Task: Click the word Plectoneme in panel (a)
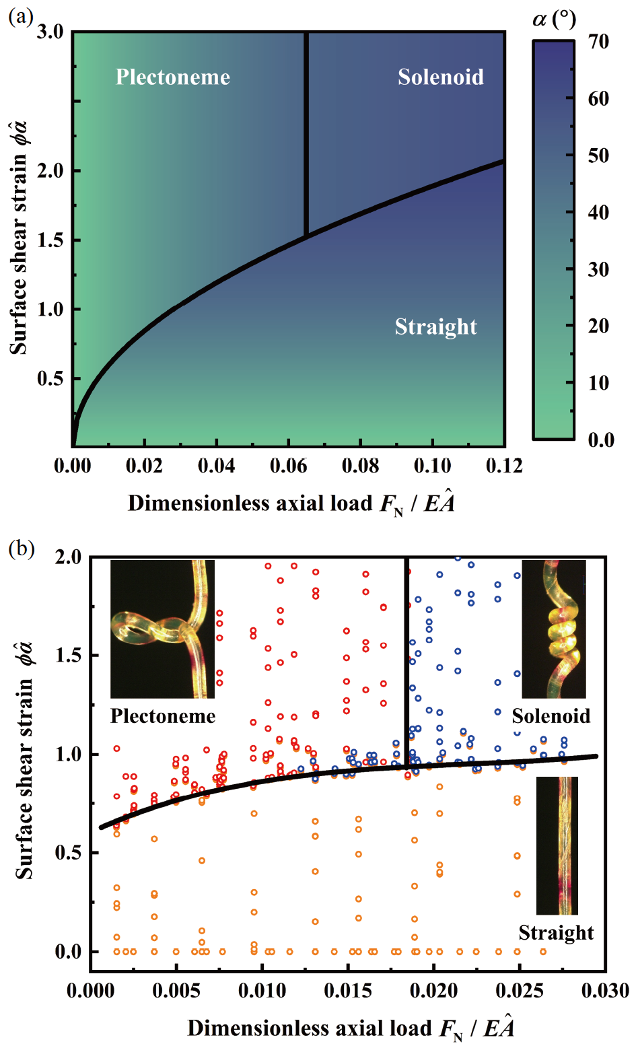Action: pos(173,77)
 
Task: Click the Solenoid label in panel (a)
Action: pos(440,77)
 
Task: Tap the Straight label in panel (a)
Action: pos(435,327)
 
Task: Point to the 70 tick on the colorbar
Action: pos(598,42)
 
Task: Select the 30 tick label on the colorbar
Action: pos(598,269)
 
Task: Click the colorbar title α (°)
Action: pos(554,19)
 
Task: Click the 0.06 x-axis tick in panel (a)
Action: pos(288,466)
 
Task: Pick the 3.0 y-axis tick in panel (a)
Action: pos(50,32)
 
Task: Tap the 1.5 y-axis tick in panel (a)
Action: pos(50,240)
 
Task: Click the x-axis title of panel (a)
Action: pos(291,503)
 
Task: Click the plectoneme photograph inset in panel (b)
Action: pos(162,629)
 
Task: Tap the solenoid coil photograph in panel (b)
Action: pos(554,629)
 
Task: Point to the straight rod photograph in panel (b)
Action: pos(557,845)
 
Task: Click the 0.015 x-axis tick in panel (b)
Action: pos(348,991)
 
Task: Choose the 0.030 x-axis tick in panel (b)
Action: pos(605,991)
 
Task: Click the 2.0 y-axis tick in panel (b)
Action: pos(68,557)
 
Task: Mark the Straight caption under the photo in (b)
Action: pos(556,933)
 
